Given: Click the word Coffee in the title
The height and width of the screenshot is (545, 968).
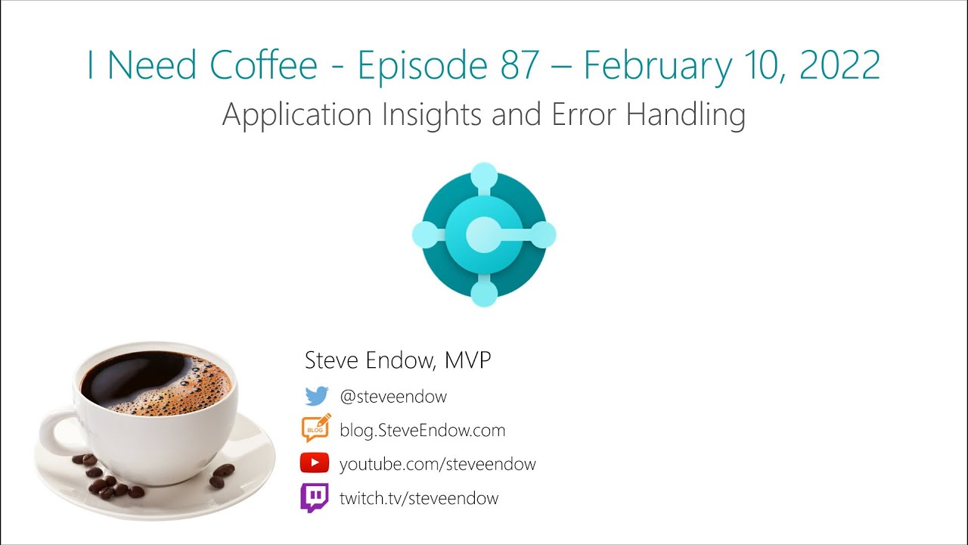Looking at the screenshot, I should click(x=264, y=65).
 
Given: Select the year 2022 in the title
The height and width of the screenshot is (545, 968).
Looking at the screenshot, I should click(x=839, y=65).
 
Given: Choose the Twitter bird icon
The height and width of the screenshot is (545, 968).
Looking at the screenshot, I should click(x=316, y=396).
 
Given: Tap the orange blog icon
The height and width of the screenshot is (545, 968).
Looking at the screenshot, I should click(x=316, y=429).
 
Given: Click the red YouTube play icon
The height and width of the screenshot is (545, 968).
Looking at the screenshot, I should click(x=315, y=463).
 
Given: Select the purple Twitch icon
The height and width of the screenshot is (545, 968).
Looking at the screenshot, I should click(x=315, y=498).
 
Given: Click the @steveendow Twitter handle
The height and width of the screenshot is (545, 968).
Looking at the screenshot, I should click(x=393, y=396).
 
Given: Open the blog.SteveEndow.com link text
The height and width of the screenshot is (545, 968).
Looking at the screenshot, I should click(x=422, y=430).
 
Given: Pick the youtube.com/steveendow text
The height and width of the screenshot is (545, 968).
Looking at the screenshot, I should click(x=437, y=464).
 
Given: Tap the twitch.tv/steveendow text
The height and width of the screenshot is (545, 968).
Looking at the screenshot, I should click(x=419, y=498).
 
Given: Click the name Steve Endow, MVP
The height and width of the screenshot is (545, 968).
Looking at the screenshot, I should click(x=398, y=360).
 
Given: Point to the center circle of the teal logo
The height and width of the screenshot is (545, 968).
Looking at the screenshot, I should click(x=484, y=235).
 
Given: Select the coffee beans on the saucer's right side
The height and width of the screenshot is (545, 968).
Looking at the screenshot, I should click(x=221, y=475).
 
